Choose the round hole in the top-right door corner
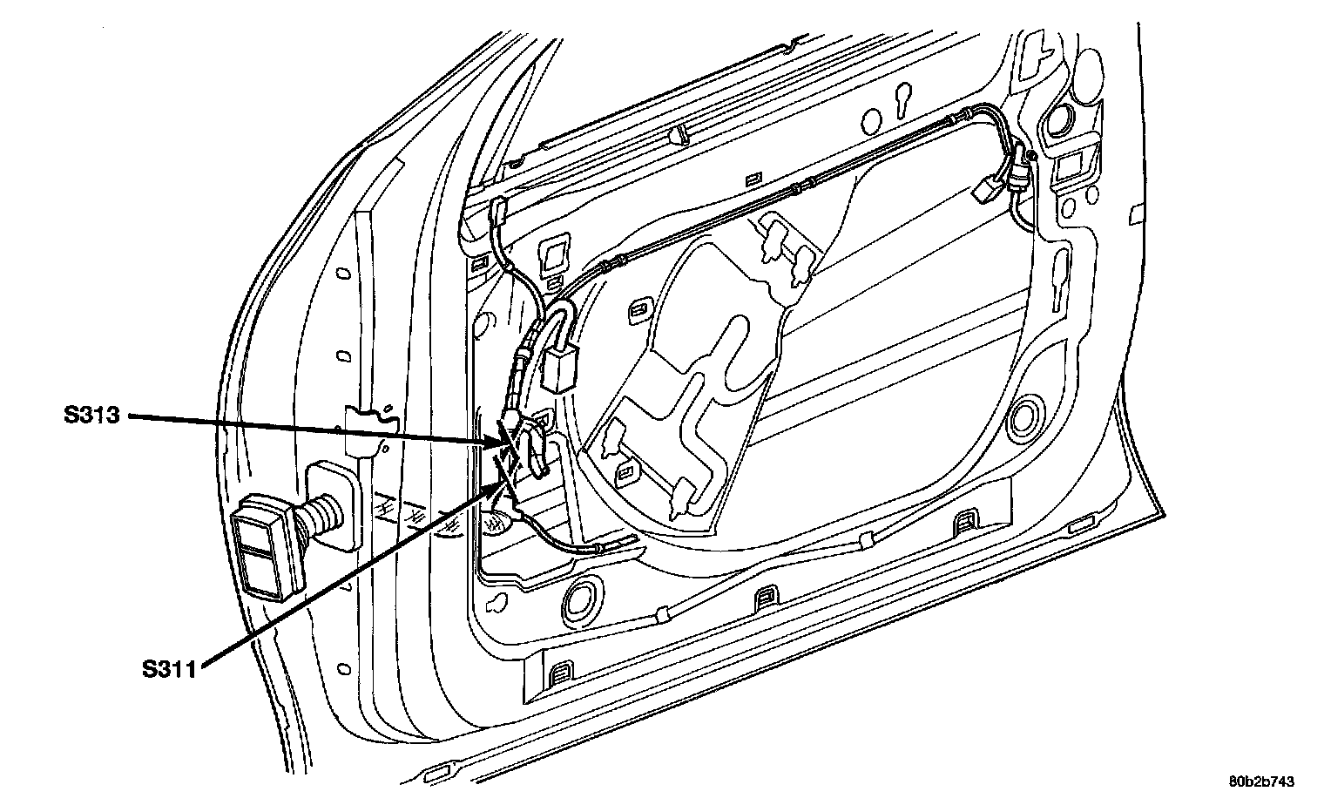point(1059,121)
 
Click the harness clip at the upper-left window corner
point(500,211)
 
